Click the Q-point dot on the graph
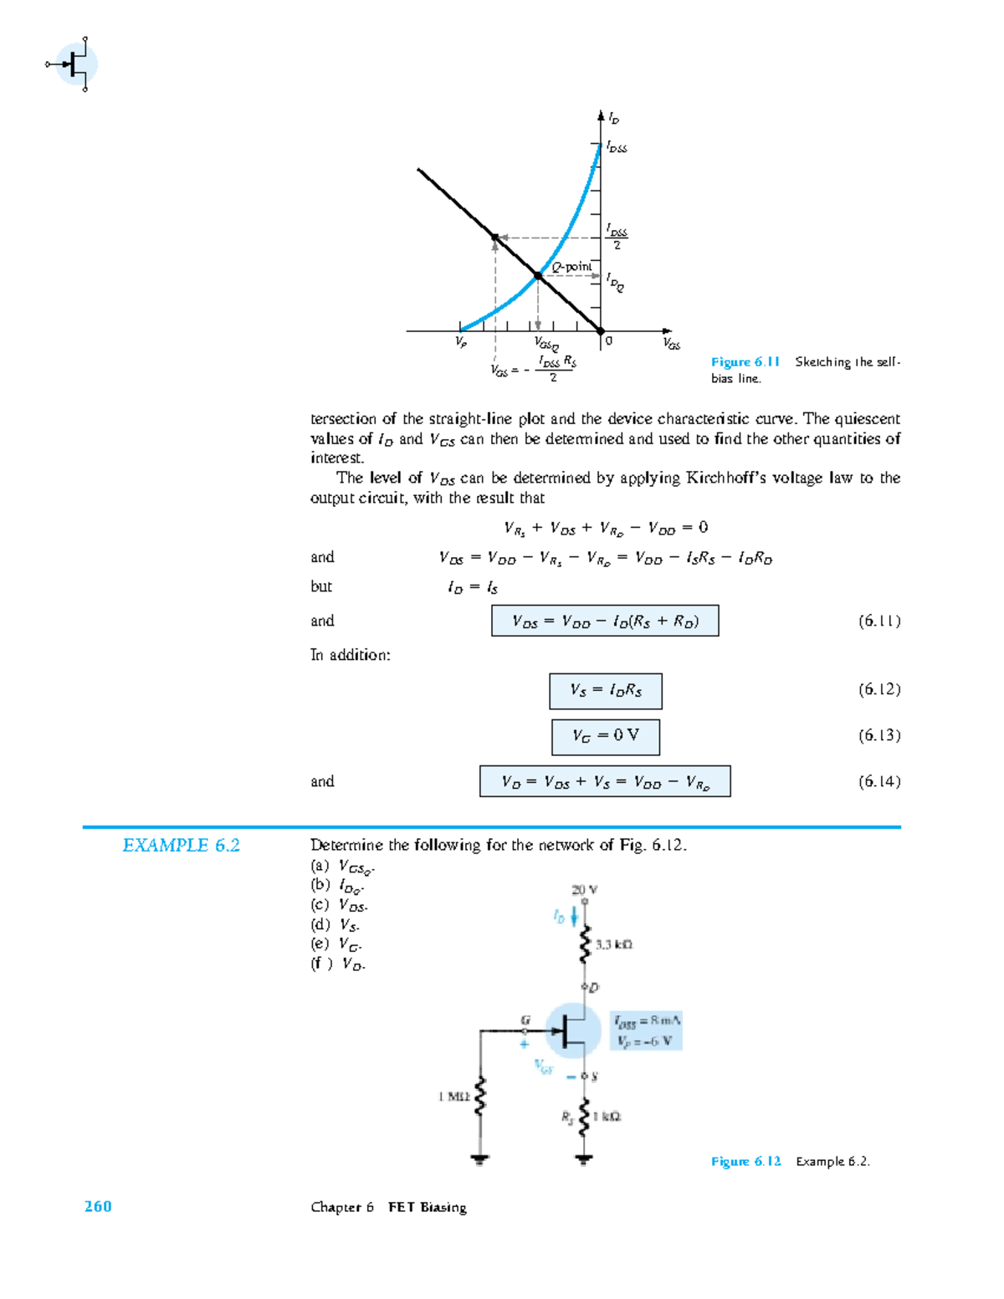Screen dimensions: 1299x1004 click(538, 275)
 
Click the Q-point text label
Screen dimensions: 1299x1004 click(571, 267)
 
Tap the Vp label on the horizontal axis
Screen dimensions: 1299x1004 click(461, 341)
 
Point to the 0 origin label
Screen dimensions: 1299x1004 click(609, 341)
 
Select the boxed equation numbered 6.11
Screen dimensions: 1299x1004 click(604, 621)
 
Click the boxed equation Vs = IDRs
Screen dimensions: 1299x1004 click(606, 691)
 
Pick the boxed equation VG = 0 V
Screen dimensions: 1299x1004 click(606, 736)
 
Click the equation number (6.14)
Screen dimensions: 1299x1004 click(878, 781)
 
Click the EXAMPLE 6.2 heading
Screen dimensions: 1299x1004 click(181, 846)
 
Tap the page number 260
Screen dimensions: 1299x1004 click(98, 1206)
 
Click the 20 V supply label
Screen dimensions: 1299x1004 click(584, 889)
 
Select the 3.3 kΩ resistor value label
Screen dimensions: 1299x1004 click(614, 944)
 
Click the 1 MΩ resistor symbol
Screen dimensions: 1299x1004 click(480, 1097)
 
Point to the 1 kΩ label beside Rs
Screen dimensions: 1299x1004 click(607, 1117)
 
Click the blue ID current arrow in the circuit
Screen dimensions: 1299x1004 click(575, 917)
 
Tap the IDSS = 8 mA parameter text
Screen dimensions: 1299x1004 click(647, 1020)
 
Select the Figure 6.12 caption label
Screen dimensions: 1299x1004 click(745, 1161)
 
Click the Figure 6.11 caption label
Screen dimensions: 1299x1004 click(745, 361)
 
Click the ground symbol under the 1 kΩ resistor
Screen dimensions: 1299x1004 click(584, 1159)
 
